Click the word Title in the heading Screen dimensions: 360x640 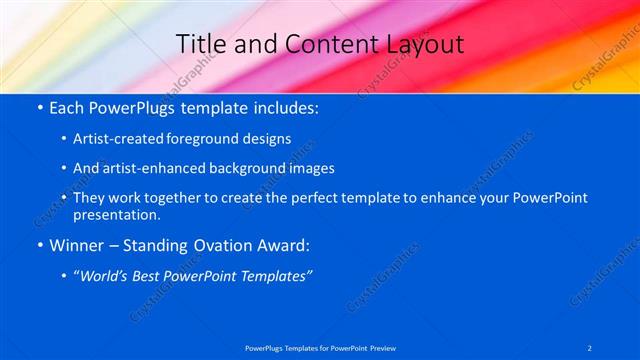[x=199, y=44]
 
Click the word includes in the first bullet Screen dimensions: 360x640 [x=282, y=106]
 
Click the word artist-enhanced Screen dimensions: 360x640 [x=142, y=168]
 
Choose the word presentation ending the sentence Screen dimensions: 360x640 [x=114, y=214]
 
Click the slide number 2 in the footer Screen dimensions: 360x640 [x=590, y=347]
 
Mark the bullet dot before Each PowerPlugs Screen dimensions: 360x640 [x=38, y=106]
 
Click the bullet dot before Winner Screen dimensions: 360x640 [x=38, y=245]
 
